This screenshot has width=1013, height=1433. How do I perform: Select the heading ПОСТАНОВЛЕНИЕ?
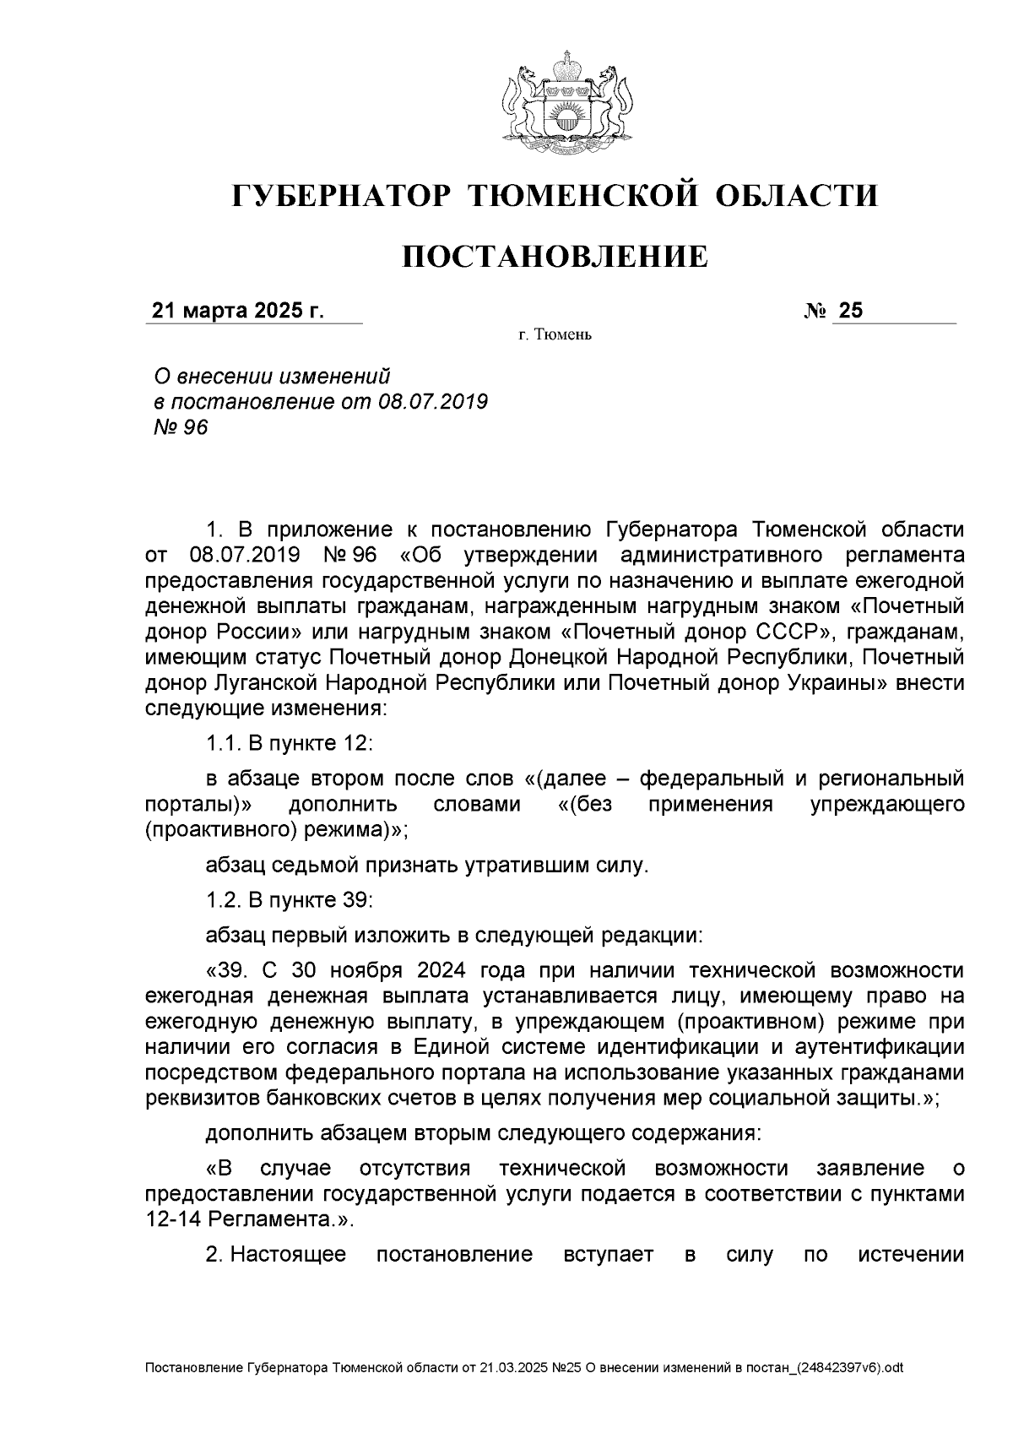[x=555, y=256]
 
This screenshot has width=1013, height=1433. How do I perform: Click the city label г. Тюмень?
[x=555, y=336]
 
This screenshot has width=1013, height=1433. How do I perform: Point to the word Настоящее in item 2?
[x=289, y=1255]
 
